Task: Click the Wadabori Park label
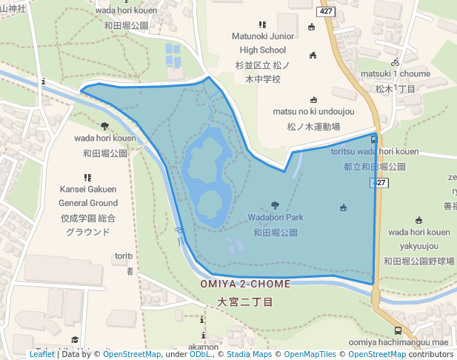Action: [x=276, y=219]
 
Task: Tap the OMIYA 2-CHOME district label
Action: [x=245, y=284]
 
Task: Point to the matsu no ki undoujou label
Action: [x=313, y=112]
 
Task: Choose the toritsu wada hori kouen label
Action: [x=375, y=152]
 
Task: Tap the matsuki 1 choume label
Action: [x=395, y=74]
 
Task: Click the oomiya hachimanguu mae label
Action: [x=398, y=342]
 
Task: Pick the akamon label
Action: [x=202, y=346]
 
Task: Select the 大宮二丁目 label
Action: [x=245, y=301]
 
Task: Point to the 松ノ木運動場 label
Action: [x=313, y=127]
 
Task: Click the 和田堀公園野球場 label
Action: [x=418, y=261]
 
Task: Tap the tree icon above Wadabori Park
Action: [x=276, y=205]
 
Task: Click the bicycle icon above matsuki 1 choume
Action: [x=396, y=62]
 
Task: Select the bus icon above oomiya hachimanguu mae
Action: [x=398, y=330]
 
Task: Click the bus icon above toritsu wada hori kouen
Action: [x=373, y=139]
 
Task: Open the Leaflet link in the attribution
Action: [x=41, y=354]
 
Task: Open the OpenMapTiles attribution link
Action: [x=307, y=354]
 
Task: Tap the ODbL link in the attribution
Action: [x=200, y=354]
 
